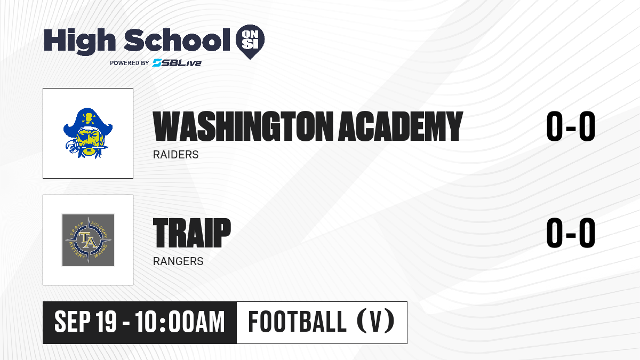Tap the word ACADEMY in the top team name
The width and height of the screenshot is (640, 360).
pyautogui.click(x=401, y=126)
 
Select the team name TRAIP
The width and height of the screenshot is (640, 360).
pyautogui.click(x=191, y=233)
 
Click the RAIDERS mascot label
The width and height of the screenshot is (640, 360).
pyautogui.click(x=175, y=155)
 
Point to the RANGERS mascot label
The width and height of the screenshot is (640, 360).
pyautogui.click(x=178, y=261)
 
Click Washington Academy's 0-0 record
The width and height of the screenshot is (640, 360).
pyautogui.click(x=571, y=126)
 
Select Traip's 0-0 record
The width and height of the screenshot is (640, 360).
pyautogui.click(x=571, y=233)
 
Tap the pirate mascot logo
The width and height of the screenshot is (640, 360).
pyautogui.click(x=88, y=133)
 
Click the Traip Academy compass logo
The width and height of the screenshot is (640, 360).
pyautogui.click(x=88, y=240)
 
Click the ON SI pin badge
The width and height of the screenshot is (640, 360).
pyautogui.click(x=250, y=42)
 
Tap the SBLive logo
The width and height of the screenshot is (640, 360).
pyautogui.click(x=177, y=62)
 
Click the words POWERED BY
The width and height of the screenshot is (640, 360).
pyautogui.click(x=130, y=63)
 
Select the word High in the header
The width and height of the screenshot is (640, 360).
pyautogui.click(x=79, y=41)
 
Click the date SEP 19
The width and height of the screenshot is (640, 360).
pyautogui.click(x=85, y=322)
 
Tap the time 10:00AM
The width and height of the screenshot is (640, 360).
pyautogui.click(x=180, y=322)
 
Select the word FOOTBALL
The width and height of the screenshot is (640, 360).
pyautogui.click(x=298, y=322)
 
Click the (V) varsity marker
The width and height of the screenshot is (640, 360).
pyautogui.click(x=376, y=322)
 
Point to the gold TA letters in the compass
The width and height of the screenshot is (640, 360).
pyautogui.click(x=87, y=240)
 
